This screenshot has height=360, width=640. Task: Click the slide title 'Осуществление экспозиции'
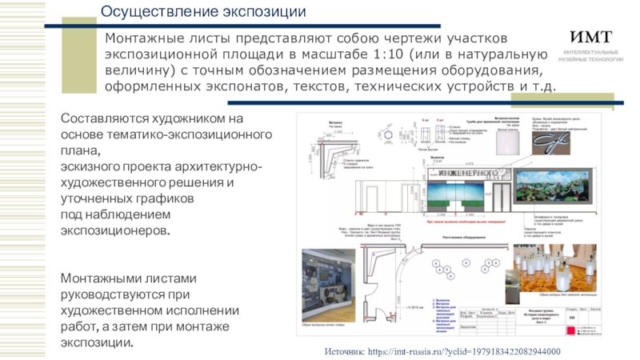pos(203,12)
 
